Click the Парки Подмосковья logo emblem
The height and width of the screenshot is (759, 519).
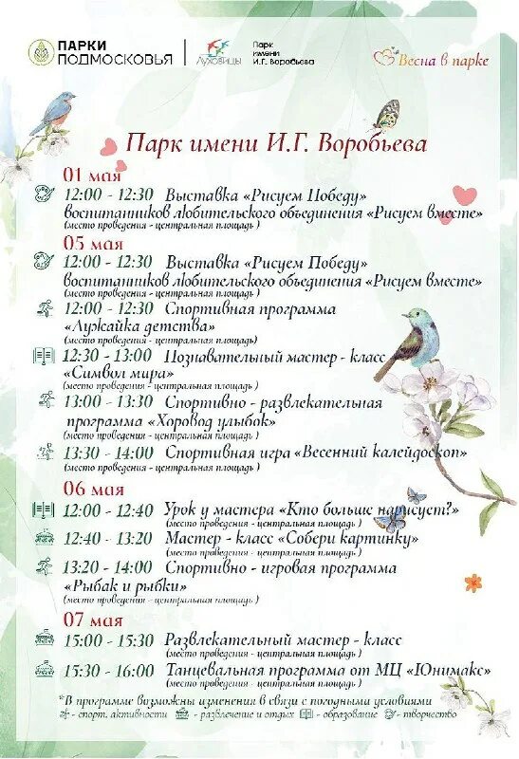tap(41, 52)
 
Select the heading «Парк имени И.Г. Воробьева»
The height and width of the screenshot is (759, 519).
tap(276, 144)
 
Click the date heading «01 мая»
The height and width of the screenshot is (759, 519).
tap(92, 176)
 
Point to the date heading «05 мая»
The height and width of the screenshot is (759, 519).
tap(93, 244)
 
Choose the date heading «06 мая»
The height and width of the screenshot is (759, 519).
tap(93, 490)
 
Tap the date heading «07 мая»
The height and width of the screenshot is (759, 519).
tap(93, 621)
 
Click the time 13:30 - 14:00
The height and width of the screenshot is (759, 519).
tap(108, 454)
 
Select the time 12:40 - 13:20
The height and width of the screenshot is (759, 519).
tap(108, 539)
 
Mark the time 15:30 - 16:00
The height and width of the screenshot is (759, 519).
tap(108, 671)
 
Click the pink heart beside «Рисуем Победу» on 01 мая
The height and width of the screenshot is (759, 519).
tap(464, 195)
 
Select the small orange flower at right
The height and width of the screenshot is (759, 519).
tap(473, 582)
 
